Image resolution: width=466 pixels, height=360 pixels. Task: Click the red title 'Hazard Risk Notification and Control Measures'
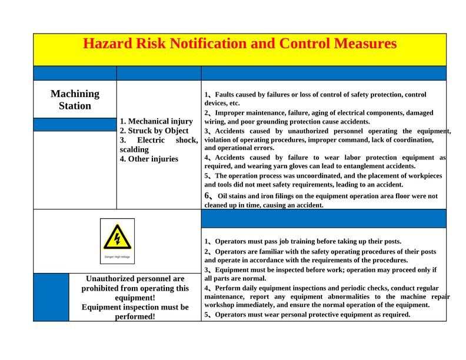239,44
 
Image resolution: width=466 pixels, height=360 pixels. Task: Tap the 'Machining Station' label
75,99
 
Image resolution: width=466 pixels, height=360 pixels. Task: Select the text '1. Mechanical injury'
157,121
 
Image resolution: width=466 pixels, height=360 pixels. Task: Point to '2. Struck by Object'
154,131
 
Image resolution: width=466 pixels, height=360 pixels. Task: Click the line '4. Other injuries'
149,159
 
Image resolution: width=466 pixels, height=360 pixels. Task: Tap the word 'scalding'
134,149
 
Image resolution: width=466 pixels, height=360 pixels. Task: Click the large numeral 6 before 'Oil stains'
208,195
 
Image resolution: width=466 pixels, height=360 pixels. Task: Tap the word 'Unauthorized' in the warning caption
111,279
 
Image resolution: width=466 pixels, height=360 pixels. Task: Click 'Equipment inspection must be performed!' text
135,312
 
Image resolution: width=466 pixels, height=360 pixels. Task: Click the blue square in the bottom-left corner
51,297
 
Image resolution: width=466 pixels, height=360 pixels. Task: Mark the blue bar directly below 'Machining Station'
75,125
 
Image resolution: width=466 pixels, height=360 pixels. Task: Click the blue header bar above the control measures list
324,218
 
